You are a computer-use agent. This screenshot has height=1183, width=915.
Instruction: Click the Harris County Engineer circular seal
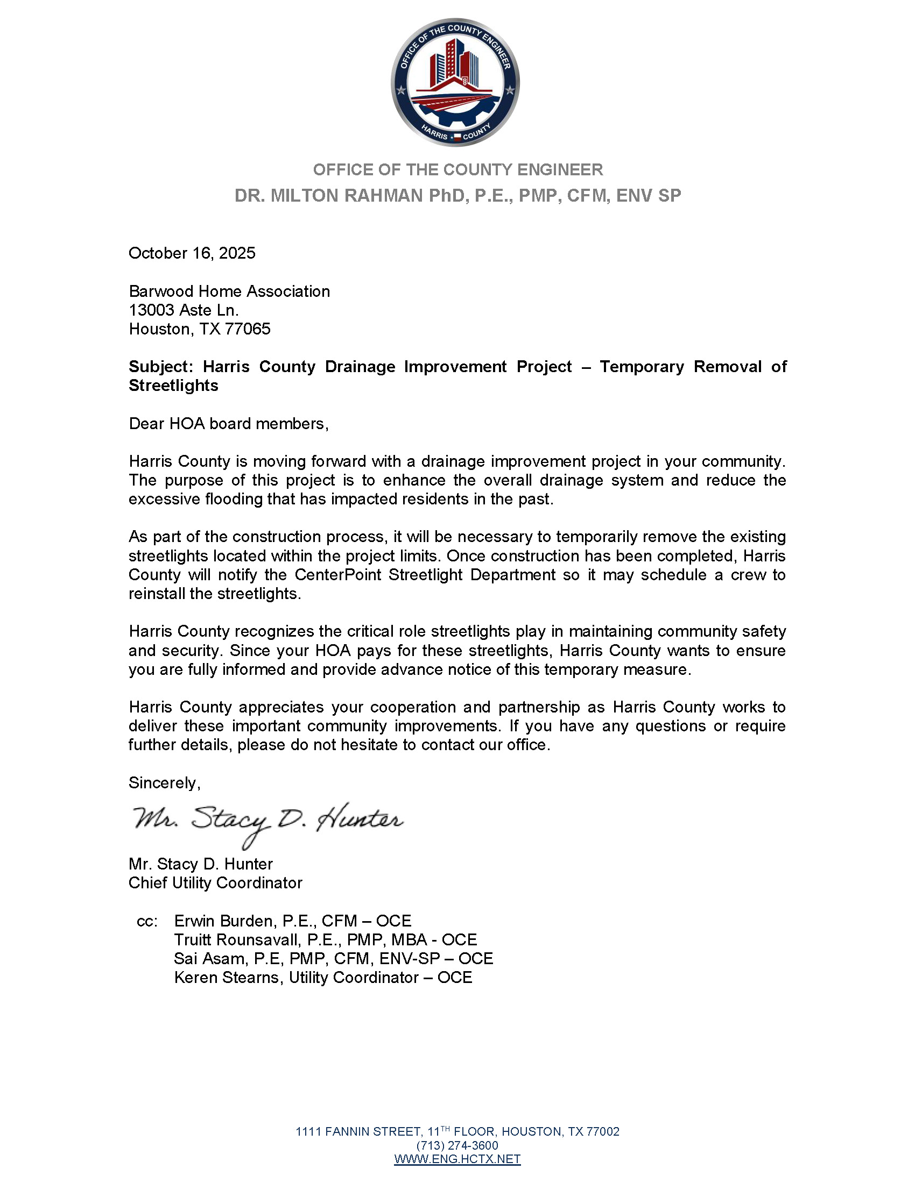455,82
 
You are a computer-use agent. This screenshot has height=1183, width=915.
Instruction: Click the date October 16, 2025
192,253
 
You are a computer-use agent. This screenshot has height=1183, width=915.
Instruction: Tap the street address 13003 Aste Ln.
183,310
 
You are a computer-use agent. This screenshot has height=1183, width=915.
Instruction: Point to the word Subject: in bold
160,367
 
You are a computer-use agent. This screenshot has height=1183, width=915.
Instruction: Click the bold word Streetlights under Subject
173,386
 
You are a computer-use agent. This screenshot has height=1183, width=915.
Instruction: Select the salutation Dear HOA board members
228,424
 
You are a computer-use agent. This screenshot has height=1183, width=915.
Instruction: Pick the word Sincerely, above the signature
164,783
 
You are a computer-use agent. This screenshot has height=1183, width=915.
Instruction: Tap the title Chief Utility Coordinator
215,883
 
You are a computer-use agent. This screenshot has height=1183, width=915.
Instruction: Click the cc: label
147,921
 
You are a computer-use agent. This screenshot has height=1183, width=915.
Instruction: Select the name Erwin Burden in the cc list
223,921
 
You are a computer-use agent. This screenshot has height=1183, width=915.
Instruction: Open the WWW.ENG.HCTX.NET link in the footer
457,1159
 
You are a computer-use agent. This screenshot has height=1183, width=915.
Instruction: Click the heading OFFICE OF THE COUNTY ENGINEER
457,170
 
